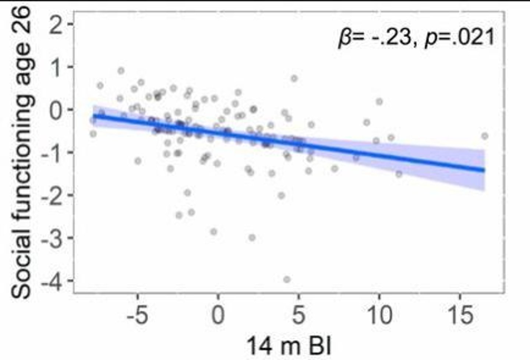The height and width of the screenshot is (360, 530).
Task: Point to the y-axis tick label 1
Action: [56, 68]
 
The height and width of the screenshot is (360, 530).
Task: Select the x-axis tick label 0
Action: [218, 316]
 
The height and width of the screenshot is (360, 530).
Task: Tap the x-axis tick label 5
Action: [298, 316]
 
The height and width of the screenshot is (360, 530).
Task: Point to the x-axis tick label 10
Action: [379, 316]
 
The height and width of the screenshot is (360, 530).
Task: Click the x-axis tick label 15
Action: [460, 316]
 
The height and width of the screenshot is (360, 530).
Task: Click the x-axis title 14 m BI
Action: [289, 346]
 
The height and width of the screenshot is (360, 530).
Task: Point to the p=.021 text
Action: [460, 38]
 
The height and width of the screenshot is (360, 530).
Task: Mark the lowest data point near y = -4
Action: [287, 280]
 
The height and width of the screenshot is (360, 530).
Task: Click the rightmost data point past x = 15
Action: [485, 136]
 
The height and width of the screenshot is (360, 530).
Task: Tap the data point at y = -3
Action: [252, 238]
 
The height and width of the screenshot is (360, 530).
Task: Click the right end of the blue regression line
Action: [484, 170]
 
